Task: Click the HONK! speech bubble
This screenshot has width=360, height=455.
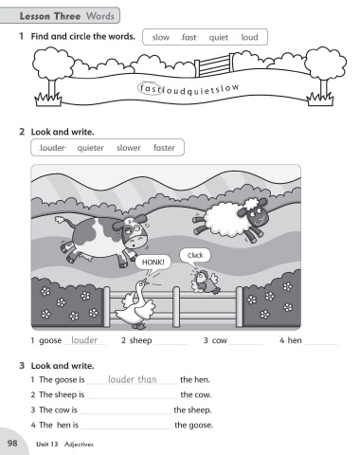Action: [153, 263]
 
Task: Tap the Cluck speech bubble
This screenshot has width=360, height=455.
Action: [195, 255]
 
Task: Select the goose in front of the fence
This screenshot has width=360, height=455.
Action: [135, 305]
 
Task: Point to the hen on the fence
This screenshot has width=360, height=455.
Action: [205, 282]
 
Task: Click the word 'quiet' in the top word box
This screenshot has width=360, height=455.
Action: [218, 38]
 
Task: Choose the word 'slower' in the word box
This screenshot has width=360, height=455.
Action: [128, 148]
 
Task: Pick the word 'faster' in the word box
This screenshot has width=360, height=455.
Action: [164, 148]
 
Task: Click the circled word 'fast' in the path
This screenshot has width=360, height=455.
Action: [150, 88]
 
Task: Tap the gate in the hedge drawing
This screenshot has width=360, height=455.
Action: [215, 64]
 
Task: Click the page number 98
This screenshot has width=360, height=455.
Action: [12, 443]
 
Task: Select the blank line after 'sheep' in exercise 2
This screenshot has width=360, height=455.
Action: [171, 344]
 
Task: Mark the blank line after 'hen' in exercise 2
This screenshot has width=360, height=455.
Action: [320, 344]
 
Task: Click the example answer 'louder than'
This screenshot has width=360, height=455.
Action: [133, 379]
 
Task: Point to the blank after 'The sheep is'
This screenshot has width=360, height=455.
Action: [133, 398]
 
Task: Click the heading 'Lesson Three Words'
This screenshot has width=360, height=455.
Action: [66, 16]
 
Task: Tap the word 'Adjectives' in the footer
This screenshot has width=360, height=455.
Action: [79, 445]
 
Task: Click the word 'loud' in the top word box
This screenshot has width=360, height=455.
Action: [249, 37]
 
